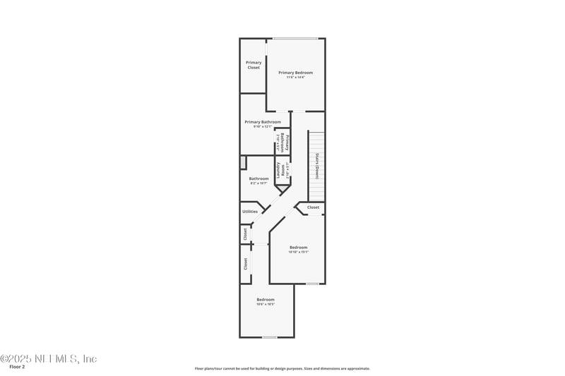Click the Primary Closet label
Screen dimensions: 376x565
point(253,65)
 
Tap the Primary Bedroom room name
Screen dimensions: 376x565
point(295,72)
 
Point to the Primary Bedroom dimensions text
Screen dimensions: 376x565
point(295,78)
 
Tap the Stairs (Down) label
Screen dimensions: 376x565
point(318,166)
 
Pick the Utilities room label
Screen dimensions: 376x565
point(250,211)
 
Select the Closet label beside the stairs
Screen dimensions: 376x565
point(313,207)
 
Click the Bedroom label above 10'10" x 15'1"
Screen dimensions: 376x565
point(299,247)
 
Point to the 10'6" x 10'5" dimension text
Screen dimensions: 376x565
point(266,304)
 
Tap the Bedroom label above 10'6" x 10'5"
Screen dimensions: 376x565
point(266,299)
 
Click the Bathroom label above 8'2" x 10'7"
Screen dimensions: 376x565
point(258,178)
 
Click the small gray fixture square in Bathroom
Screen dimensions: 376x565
point(243,163)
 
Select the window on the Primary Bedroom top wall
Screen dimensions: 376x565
point(295,38)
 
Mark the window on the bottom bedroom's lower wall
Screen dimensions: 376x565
point(269,337)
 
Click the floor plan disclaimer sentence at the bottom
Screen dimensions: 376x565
point(282,368)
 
